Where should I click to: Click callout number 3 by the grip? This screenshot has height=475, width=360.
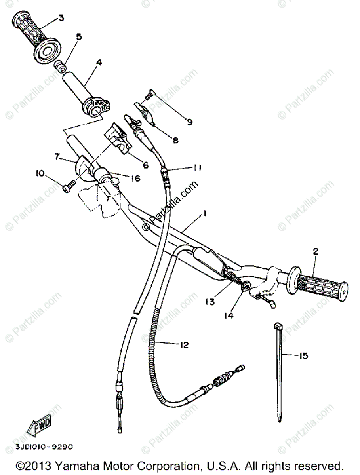(61, 17)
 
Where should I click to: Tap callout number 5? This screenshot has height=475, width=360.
(79, 37)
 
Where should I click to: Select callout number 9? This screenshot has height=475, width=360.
(190, 122)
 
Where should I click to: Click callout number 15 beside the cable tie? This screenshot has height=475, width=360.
(303, 356)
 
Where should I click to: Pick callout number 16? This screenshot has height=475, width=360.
(135, 179)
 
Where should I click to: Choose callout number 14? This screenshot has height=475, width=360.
(229, 315)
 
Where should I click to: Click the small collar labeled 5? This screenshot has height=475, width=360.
(61, 66)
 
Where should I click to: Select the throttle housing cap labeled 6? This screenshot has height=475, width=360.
(118, 137)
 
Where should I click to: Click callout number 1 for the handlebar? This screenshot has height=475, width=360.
(205, 213)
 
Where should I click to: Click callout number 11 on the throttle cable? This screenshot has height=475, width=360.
(197, 168)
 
